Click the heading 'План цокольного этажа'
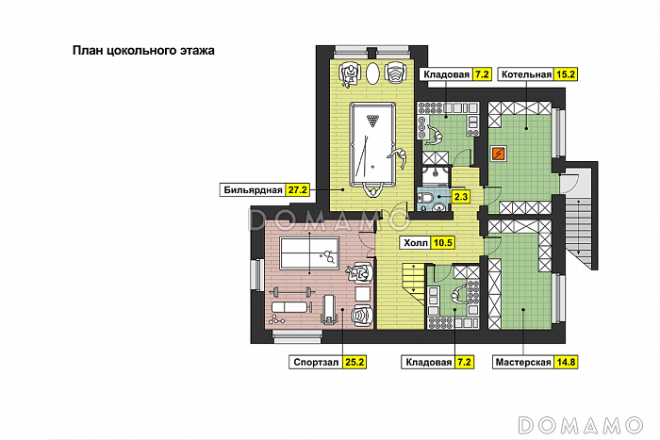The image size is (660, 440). click(x=143, y=51)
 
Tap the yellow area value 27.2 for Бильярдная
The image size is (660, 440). click(x=297, y=190)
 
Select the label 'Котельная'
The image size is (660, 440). click(x=526, y=74)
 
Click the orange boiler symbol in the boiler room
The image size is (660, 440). click(x=499, y=154)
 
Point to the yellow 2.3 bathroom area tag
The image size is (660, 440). click(x=461, y=196)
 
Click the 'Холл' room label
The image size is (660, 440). click(x=416, y=243)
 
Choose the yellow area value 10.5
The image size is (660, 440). click(x=442, y=243)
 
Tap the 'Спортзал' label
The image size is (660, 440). click(x=316, y=362)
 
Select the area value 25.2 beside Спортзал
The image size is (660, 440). click(x=354, y=362)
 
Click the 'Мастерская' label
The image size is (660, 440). click(x=523, y=362)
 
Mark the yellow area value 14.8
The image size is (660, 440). click(x=566, y=362)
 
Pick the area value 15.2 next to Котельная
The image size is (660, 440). click(x=566, y=74)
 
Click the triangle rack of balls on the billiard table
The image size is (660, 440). click(x=372, y=121)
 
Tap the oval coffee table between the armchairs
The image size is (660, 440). click(x=372, y=74)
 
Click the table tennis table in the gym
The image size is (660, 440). click(x=309, y=253)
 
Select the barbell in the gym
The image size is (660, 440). click(x=291, y=291)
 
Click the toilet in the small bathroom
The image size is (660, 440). click(x=427, y=197)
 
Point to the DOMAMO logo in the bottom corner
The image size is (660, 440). click(x=581, y=425)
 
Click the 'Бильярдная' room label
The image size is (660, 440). click(x=253, y=190)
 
